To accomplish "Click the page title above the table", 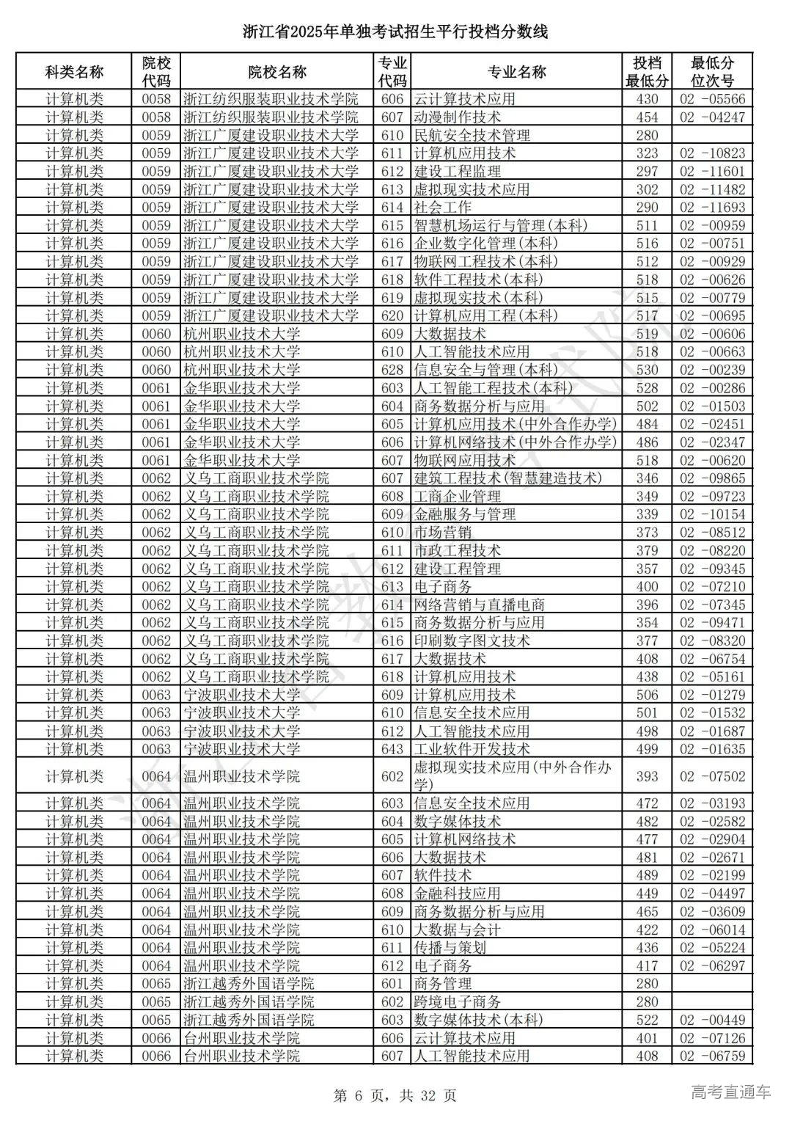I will point(395,32).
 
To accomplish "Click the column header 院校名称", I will point(277,72).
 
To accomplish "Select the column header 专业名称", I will point(517,72).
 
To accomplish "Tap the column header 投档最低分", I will point(648,72).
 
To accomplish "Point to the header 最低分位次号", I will point(712,72).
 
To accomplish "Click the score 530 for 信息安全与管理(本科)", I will point(648,370).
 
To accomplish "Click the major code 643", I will point(392,749).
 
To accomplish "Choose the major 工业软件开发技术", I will point(472,749).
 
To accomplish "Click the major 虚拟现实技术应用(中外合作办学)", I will point(513,776).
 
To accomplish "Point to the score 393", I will point(648,776).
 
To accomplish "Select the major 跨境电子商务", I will point(458,1001).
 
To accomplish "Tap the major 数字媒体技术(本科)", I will point(478,1020).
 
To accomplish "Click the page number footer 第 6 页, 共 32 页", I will point(395,1095).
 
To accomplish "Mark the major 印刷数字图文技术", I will point(472,640).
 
